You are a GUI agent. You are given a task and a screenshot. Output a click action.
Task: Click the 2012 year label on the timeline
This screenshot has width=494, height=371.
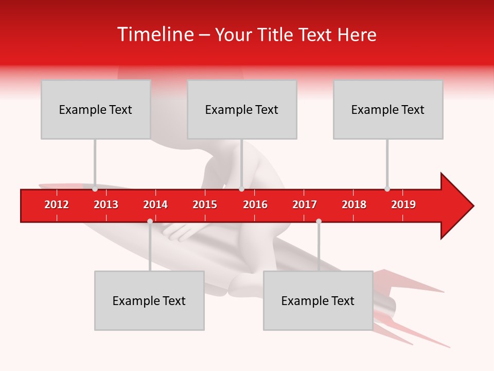tap(57, 205)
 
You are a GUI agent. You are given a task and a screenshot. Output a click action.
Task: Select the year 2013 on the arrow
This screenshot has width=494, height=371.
tap(106, 205)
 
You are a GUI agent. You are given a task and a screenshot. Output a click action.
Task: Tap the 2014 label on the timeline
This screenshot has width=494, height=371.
tap(155, 205)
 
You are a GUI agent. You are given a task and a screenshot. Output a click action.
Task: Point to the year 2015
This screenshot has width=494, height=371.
tap(205, 205)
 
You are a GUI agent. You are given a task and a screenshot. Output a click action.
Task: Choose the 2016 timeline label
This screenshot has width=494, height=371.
tap(255, 205)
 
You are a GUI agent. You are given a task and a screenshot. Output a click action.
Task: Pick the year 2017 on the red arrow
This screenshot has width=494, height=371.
tap(305, 205)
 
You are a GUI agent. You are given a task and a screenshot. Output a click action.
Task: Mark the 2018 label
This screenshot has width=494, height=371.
tap(354, 205)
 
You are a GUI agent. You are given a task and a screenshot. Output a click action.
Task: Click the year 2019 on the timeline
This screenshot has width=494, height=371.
tap(403, 205)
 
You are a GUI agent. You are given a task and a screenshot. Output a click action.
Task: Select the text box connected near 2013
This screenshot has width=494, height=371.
tap(96, 109)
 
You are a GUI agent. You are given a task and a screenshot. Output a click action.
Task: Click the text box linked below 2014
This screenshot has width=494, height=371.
tap(149, 300)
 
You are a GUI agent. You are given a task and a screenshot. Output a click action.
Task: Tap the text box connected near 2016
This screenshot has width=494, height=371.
tap(242, 109)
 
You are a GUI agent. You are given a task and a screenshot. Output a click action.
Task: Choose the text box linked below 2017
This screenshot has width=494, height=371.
tap(318, 300)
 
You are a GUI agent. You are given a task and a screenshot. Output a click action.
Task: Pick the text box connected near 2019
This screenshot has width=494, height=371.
tap(388, 109)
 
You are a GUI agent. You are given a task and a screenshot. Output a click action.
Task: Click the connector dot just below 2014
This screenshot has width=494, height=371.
tap(150, 221)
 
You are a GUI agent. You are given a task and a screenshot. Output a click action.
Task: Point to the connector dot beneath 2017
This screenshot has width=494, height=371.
tap(319, 221)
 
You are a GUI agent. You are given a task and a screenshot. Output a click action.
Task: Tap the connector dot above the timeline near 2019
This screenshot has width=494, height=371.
tap(387, 189)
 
